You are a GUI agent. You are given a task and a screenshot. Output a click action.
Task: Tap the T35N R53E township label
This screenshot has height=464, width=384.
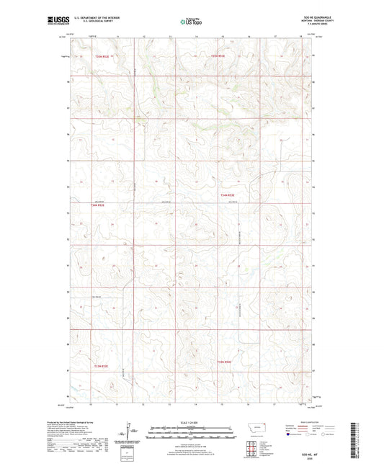[218, 55]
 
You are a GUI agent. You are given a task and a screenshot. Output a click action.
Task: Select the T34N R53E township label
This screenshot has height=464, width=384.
[228, 195]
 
